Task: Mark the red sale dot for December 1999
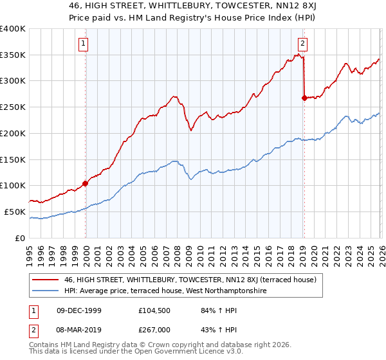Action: tap(85, 183)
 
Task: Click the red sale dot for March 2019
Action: tap(304, 98)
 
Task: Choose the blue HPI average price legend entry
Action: tap(165, 291)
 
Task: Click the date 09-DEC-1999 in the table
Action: tap(79, 310)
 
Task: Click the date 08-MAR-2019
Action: tap(79, 330)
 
